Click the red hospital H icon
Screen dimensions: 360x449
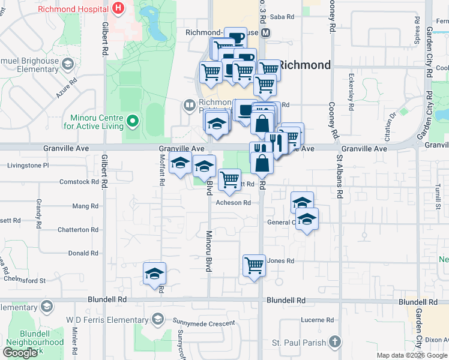[119, 8]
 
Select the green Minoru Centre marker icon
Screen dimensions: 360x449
[133, 122]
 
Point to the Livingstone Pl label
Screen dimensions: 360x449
[28, 165]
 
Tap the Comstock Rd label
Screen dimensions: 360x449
[79, 181]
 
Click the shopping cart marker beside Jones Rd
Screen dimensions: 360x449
[254, 265]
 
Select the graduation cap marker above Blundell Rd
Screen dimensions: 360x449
[155, 274]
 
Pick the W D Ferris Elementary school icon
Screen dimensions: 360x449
[158, 318]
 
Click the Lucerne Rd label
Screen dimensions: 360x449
[312, 320]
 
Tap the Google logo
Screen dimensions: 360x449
[20, 353]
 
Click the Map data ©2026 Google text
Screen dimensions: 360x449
[412, 355]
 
